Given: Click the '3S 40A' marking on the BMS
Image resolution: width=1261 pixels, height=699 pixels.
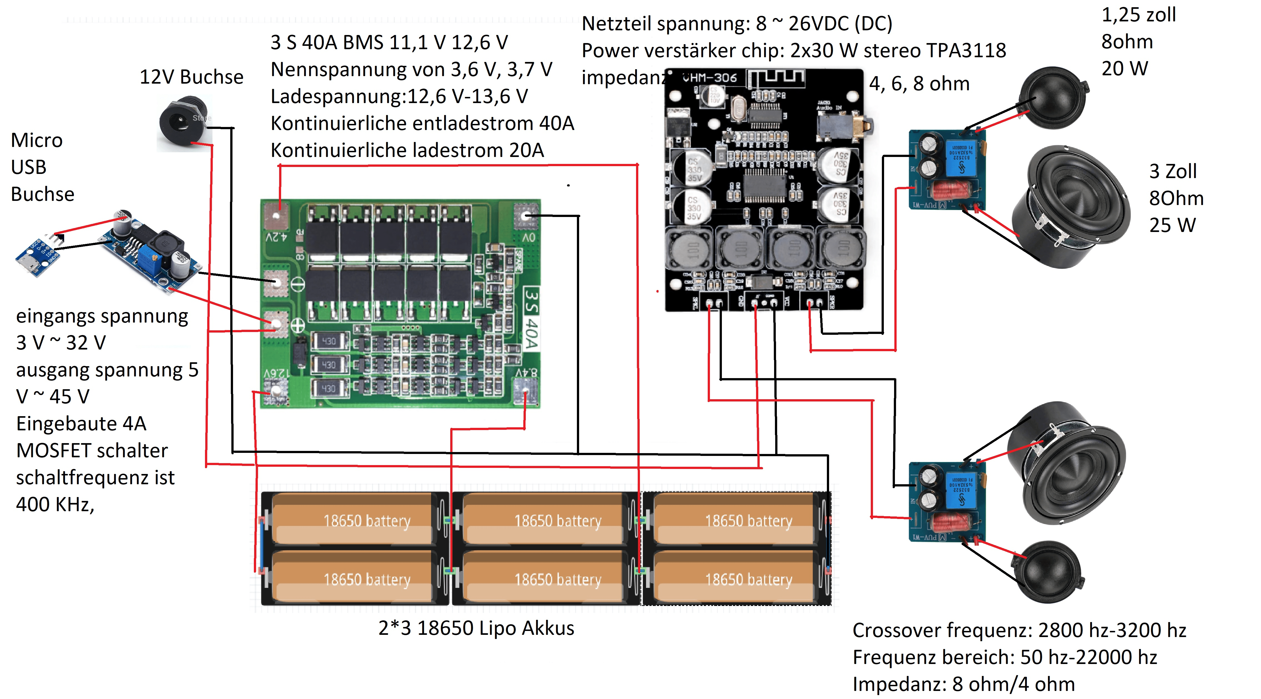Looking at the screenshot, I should (x=531, y=318).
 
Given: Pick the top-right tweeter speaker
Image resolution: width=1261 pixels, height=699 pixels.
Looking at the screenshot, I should (x=1052, y=98).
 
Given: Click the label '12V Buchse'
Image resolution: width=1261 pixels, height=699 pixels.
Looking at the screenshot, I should (x=191, y=77).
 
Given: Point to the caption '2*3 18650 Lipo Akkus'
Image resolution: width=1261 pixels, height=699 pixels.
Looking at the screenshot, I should (x=476, y=628).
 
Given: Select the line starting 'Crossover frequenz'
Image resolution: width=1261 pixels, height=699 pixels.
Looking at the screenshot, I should (x=1019, y=630).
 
